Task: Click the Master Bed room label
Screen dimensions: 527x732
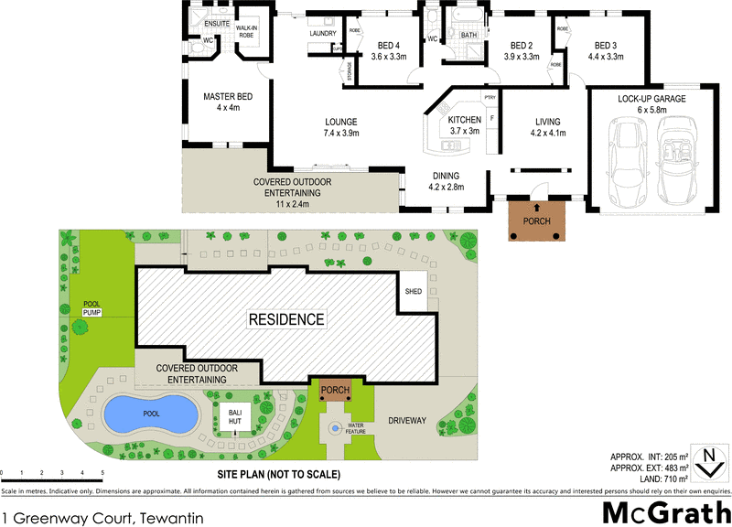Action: coord(228,102)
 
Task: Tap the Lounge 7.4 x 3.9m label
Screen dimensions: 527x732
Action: coord(339,127)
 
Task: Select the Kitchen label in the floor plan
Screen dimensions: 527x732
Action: coord(464,125)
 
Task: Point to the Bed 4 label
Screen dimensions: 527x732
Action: coord(388,51)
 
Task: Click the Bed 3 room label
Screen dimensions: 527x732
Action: coord(605,51)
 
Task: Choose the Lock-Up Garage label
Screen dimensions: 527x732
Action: coord(651,103)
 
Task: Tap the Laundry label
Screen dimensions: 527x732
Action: coord(323,34)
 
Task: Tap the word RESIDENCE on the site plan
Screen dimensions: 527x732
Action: coord(287,319)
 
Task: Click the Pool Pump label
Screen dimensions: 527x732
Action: coord(91,308)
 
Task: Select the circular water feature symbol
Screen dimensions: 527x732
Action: coord(335,426)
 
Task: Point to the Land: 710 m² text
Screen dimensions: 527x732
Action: coord(651,479)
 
